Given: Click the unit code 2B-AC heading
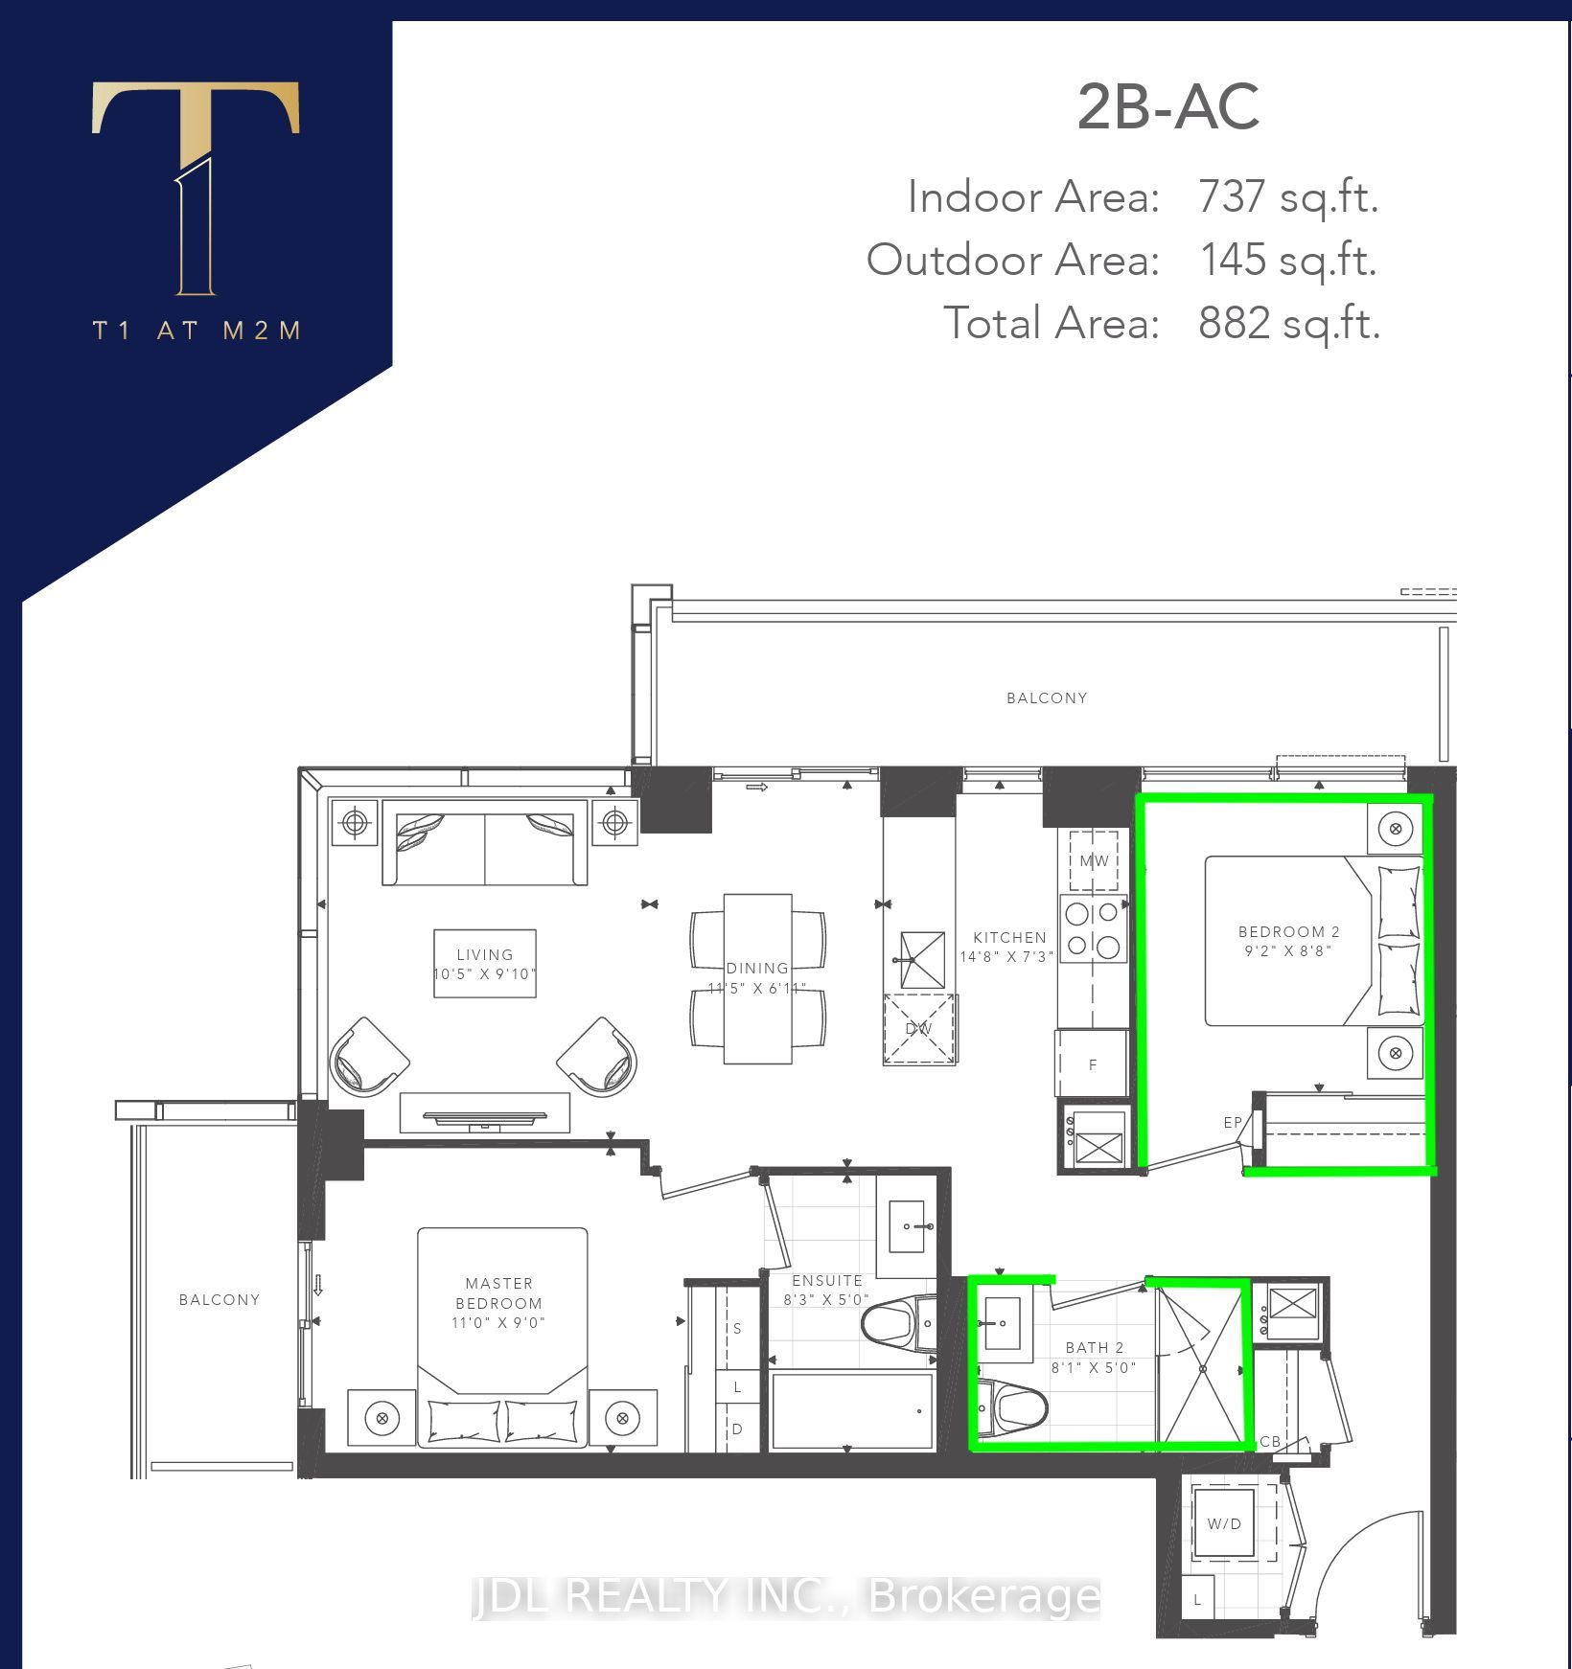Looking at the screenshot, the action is (x=1167, y=107).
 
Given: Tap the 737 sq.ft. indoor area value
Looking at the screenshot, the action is (x=1288, y=197).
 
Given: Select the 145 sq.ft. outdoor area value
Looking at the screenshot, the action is (x=1288, y=260).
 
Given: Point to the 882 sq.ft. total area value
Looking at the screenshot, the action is (x=1289, y=323).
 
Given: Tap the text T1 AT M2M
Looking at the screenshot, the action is (x=197, y=331).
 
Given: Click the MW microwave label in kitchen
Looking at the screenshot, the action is (x=1094, y=860).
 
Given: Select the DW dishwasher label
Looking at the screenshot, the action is (x=918, y=1029).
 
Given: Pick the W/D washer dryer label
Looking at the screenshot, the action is (x=1224, y=1523).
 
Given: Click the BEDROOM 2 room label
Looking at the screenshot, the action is (x=1288, y=931).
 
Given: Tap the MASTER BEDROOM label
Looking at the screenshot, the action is (x=498, y=1293).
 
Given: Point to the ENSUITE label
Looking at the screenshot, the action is (x=827, y=1280).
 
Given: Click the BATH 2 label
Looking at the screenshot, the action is (x=1094, y=1347).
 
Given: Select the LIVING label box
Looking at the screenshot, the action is (x=485, y=963).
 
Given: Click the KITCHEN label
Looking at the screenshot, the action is (x=1009, y=937).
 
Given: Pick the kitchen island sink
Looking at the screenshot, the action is (x=922, y=960).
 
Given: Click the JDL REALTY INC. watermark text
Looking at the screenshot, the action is (x=786, y=1596).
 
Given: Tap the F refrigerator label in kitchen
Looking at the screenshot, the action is (x=1092, y=1064).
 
